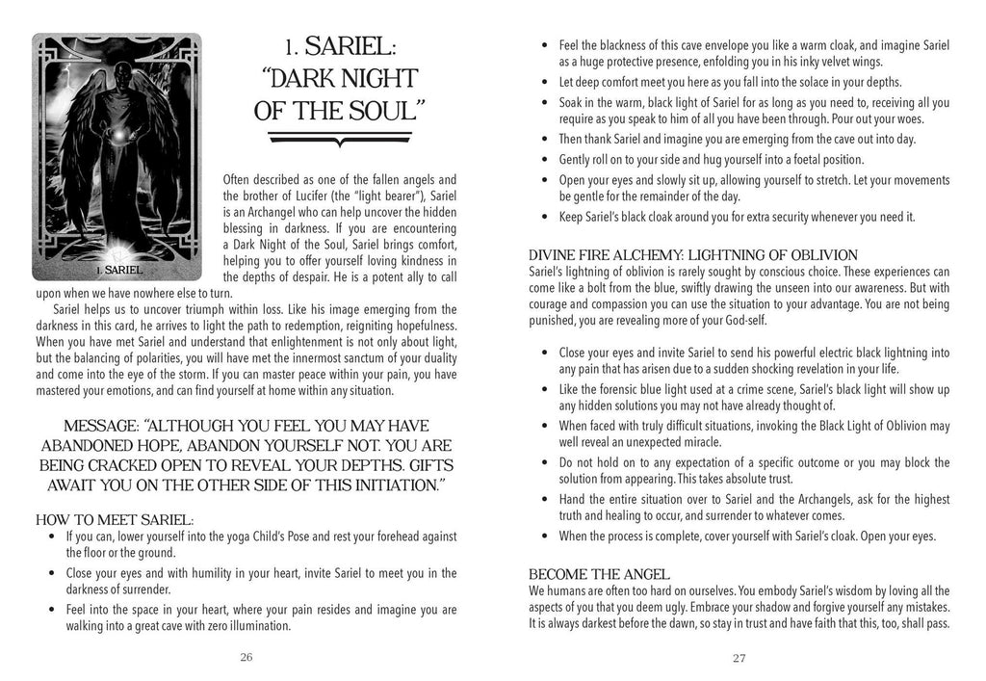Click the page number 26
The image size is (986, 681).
pos(246,657)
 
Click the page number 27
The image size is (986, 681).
pos(739,658)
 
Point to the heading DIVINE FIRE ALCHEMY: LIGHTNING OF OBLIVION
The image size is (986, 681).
pos(693,255)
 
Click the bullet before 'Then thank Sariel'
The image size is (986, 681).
pos(547,139)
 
